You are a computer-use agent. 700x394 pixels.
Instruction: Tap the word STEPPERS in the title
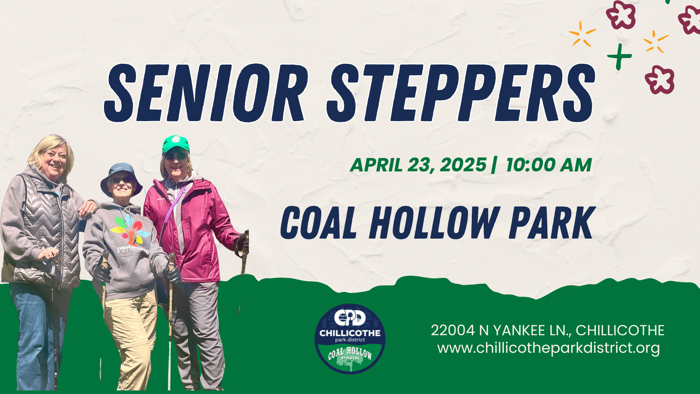tap(461, 93)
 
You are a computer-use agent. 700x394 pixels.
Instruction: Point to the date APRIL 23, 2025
tap(418, 165)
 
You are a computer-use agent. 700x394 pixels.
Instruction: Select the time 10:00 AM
tap(549, 165)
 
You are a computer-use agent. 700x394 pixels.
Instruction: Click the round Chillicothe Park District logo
tap(350, 339)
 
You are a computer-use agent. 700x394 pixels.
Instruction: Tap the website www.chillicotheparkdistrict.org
tap(548, 348)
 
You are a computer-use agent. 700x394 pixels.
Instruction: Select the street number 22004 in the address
tap(453, 331)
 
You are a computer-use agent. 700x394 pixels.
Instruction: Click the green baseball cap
tap(176, 144)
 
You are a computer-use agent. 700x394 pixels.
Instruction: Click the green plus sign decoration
tap(619, 57)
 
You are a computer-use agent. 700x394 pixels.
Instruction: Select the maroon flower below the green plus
tap(660, 80)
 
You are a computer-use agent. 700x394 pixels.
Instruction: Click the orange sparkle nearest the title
tap(582, 34)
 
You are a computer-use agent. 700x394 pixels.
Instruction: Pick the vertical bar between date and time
tap(494, 165)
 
